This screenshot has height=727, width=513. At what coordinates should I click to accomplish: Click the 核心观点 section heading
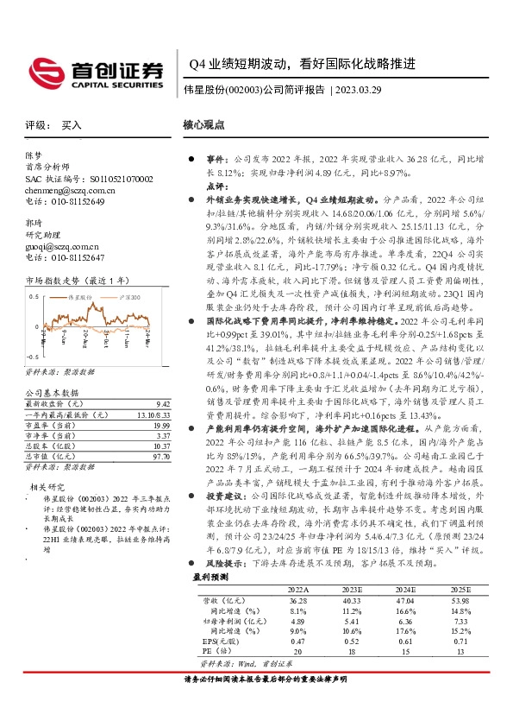coord(204,124)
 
